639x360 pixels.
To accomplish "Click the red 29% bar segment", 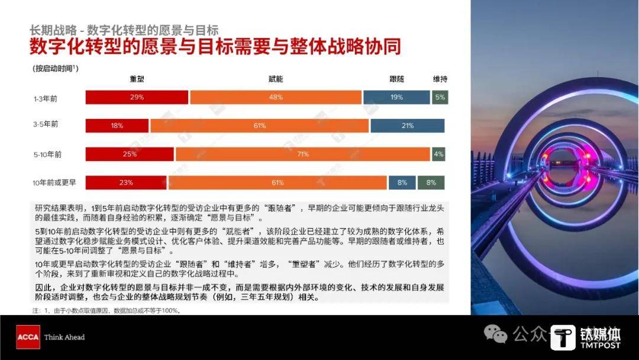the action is click(137, 98).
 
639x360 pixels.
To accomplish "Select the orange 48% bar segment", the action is click(276, 98).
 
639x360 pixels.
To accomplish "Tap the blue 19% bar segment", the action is click(396, 98).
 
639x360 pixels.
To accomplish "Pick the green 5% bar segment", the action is click(440, 98).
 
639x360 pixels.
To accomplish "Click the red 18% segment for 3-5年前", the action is click(117, 126).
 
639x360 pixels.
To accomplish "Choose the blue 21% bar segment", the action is click(408, 126).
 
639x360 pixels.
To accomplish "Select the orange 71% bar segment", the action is click(303, 154).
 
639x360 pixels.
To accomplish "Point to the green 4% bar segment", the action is click(438, 154).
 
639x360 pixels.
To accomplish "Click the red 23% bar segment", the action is click(126, 182).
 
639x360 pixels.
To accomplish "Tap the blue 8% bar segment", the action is click(402, 182).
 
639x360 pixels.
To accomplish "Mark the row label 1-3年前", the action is click(46, 99).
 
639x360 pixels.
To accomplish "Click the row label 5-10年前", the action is click(47, 155).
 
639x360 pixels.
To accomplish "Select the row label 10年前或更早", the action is click(54, 182).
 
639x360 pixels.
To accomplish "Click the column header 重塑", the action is click(137, 79).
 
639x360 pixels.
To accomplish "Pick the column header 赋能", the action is click(276, 79).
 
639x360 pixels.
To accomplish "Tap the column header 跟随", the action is click(396, 79).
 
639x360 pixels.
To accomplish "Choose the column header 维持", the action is click(440, 79).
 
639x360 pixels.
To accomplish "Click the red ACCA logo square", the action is click(28, 337).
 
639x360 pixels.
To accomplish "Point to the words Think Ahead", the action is click(64, 337).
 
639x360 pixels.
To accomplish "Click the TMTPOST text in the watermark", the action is click(601, 345).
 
